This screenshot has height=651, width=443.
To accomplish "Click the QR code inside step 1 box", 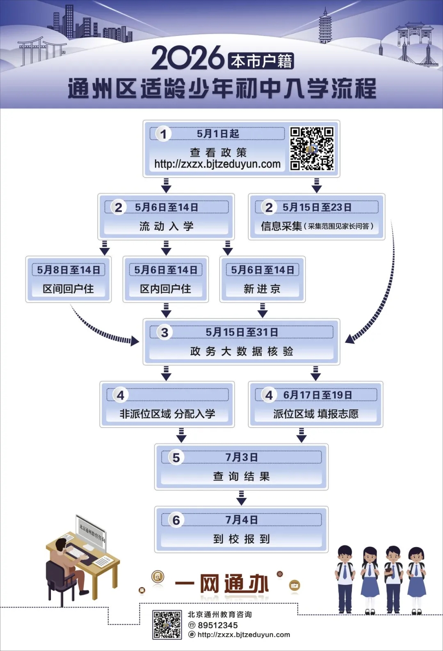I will (x=312, y=148).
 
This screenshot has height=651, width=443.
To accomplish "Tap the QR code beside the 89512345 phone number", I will (x=167, y=625).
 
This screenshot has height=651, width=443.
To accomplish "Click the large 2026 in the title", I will (x=188, y=58).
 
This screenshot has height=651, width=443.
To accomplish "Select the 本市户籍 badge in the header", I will (x=261, y=61).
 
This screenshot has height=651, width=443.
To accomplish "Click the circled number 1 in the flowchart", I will (x=163, y=134).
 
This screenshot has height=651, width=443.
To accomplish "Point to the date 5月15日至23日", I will (x=317, y=207).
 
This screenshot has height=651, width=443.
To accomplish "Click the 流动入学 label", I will (x=166, y=226).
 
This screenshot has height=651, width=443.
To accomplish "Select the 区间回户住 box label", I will (x=69, y=289).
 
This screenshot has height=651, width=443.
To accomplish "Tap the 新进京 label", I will (x=262, y=289).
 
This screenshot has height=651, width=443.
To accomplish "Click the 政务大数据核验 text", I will (x=241, y=351).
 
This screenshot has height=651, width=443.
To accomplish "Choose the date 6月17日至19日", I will (x=317, y=395).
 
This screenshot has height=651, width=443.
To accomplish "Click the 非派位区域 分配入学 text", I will (x=167, y=414).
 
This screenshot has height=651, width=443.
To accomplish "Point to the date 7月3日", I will (x=241, y=457).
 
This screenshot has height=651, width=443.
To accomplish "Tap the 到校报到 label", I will (x=241, y=539).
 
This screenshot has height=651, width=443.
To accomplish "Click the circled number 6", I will (x=176, y=520).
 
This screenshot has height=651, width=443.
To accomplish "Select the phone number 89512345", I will (x=217, y=625).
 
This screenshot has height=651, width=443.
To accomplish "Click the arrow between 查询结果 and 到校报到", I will (x=241, y=498).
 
